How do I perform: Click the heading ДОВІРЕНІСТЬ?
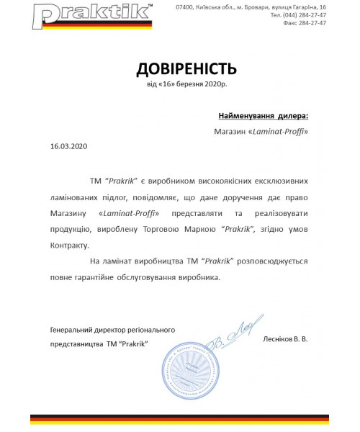[x=186, y=69]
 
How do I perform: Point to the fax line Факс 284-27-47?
[x=302, y=22]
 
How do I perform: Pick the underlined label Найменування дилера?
[x=263, y=115]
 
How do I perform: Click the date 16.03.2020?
[x=68, y=145]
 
